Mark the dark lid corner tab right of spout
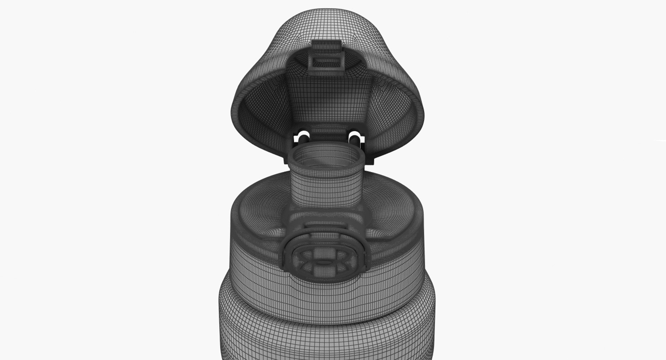372,158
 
